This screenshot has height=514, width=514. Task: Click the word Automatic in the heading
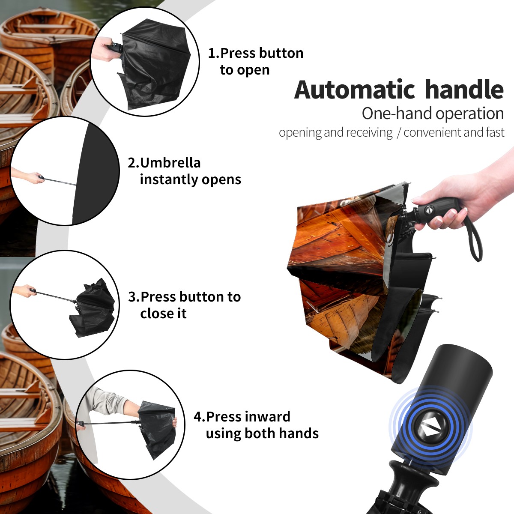355,90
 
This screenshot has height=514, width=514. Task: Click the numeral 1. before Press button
213,53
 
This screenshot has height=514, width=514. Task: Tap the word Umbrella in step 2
170,163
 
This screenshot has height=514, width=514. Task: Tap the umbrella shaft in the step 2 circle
60,182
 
